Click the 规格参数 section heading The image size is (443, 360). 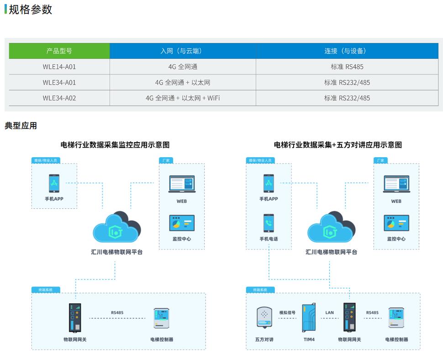pos(30,10)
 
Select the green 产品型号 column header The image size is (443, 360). pos(59,51)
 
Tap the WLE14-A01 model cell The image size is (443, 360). pos(59,67)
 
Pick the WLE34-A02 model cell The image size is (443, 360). pos(59,98)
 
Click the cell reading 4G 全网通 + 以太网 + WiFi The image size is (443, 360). pos(183,98)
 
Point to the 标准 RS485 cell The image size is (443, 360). pos(347,67)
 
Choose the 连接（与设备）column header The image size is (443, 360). pos(347,51)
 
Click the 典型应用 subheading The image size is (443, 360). pos(21,126)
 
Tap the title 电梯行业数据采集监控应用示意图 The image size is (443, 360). pos(115,145)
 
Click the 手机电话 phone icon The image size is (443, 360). pos(269,223)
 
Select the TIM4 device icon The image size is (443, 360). pos(309,318)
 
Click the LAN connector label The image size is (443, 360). pos(330,313)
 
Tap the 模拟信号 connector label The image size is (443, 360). pos(288,313)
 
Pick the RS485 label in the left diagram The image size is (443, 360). pos(117,313)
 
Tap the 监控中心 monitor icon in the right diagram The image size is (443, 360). pos(396,223)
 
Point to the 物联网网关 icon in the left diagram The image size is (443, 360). pos(75,318)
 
